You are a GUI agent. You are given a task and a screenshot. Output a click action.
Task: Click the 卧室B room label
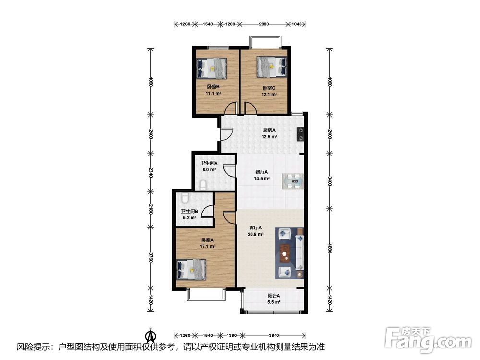point(213,87)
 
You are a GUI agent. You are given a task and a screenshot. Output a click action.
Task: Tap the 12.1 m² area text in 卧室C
point(269,95)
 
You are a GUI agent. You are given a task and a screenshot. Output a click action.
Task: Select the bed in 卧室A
point(192,269)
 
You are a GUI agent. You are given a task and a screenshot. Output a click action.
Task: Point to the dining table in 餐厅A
point(293,181)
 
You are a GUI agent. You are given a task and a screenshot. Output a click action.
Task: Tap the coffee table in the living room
point(286,253)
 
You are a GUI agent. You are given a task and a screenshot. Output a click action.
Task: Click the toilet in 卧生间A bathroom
point(203,184)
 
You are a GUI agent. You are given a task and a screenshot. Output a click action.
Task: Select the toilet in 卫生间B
point(185,198)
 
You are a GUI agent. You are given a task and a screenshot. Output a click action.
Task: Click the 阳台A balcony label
point(274,296)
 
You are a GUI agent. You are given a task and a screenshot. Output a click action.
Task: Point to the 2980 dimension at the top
point(264,24)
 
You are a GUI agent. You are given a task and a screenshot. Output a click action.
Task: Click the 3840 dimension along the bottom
point(274,335)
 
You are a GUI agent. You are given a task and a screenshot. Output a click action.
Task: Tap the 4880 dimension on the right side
point(330,248)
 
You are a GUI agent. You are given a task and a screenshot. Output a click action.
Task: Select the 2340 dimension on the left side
point(150,172)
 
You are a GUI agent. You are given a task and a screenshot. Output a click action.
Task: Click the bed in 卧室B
point(212,68)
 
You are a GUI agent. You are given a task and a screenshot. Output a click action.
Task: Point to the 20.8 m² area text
point(256,235)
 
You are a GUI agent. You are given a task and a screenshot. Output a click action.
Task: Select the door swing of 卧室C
point(251,108)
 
